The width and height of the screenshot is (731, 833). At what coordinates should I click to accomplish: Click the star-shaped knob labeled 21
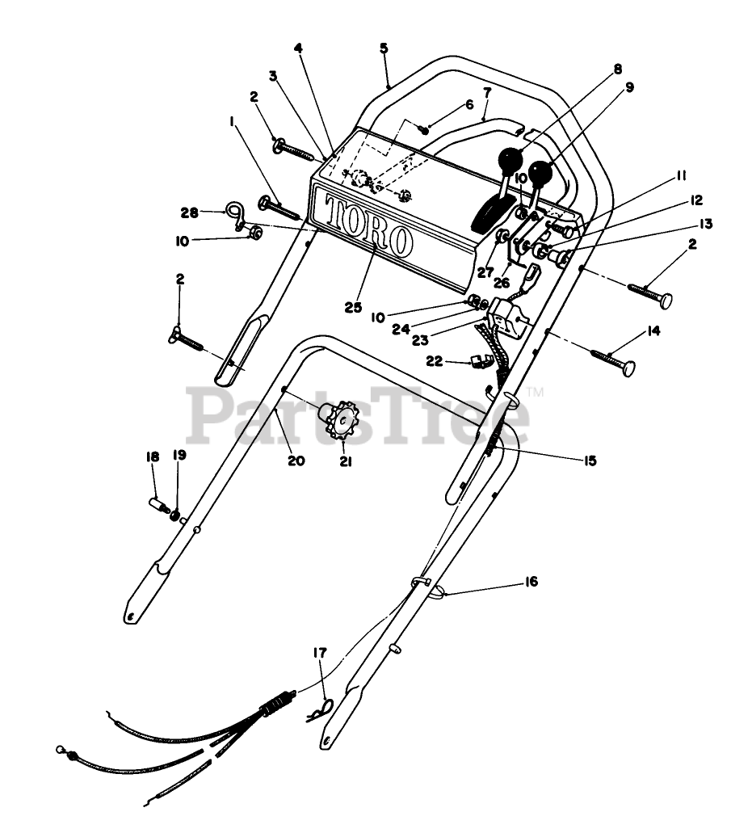point(344,419)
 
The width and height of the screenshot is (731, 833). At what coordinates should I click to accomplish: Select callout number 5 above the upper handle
point(384,48)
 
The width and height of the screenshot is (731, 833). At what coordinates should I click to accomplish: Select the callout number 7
point(486,92)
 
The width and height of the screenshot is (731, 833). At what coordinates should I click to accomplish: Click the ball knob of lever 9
point(540,173)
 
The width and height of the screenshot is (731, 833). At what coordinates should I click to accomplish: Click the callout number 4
point(299,48)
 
